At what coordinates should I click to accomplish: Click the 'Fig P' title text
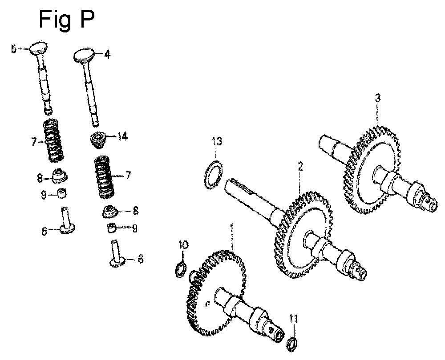(66, 20)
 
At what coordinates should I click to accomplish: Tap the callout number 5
(14, 49)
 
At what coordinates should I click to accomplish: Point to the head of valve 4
(84, 56)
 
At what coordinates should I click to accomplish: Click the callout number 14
(122, 137)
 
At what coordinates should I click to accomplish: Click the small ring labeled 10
(181, 270)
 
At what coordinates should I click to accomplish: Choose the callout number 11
(293, 319)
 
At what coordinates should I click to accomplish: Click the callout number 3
(377, 98)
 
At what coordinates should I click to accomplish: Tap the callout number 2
(300, 167)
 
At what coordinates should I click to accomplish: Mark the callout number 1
(232, 228)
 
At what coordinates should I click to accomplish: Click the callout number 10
(183, 244)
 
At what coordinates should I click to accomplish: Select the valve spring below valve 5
(53, 140)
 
